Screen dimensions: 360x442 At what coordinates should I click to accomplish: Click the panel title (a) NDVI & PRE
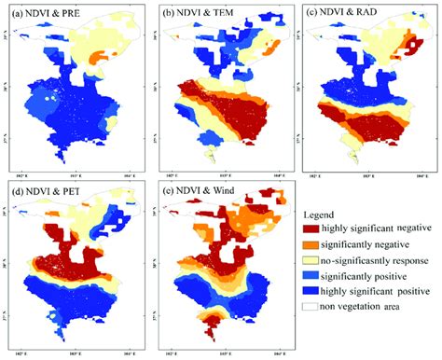44,13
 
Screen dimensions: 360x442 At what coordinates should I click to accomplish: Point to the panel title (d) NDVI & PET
45,193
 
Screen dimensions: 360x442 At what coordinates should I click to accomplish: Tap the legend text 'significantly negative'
365,244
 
